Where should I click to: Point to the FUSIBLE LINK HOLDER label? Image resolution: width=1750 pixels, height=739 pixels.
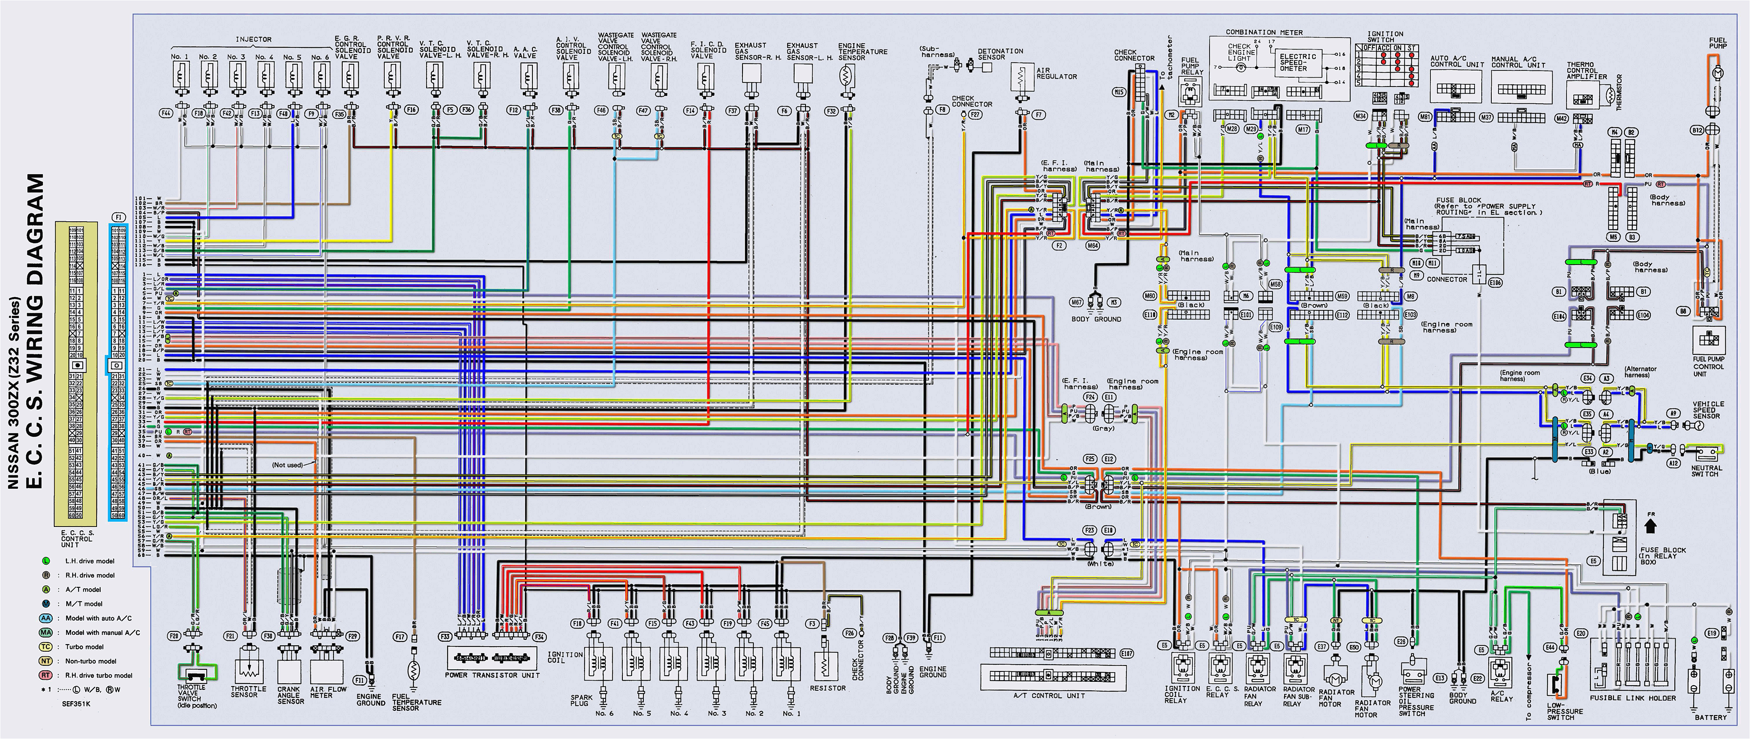tap(1632, 697)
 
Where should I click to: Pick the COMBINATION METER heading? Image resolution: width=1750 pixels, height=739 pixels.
tap(1264, 32)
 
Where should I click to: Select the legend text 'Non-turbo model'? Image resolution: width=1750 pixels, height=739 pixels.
tap(90, 661)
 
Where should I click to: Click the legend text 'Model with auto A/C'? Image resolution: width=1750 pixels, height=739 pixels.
tap(99, 618)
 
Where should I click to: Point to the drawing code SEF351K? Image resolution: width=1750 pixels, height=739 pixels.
tap(76, 704)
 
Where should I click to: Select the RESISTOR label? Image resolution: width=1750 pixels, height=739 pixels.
tap(827, 688)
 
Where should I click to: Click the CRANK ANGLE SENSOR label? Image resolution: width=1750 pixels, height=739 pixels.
tap(290, 695)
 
